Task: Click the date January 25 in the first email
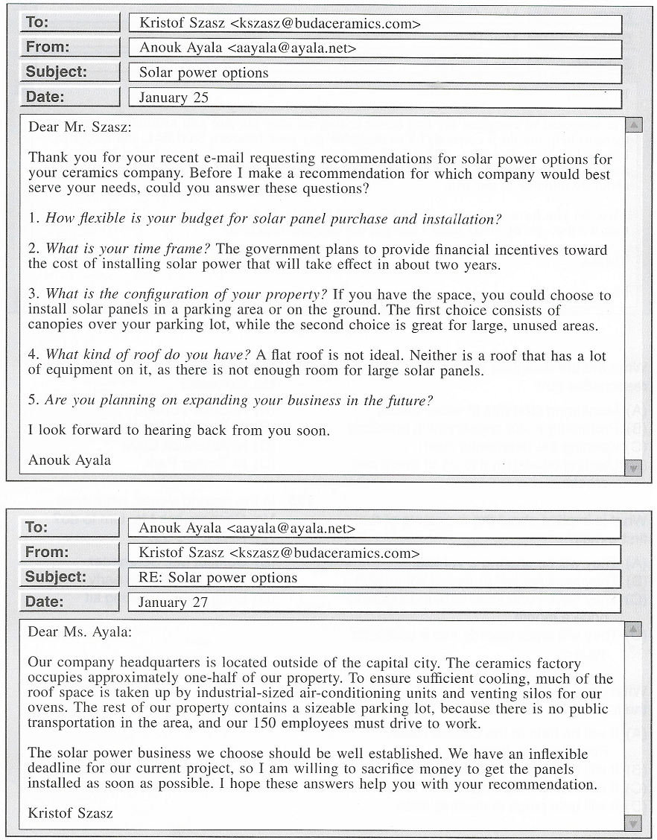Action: click(x=174, y=98)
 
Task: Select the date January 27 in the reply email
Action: click(x=173, y=602)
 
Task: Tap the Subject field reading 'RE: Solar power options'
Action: click(x=218, y=577)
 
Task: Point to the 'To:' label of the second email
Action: click(x=36, y=527)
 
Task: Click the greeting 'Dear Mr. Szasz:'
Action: click(x=80, y=127)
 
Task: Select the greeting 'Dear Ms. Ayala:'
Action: click(x=79, y=632)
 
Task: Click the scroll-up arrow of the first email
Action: click(x=633, y=125)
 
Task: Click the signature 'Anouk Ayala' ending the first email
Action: click(x=69, y=459)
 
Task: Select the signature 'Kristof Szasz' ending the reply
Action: click(x=70, y=812)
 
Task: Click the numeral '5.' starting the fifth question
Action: click(x=34, y=400)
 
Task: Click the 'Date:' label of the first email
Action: click(x=45, y=97)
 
